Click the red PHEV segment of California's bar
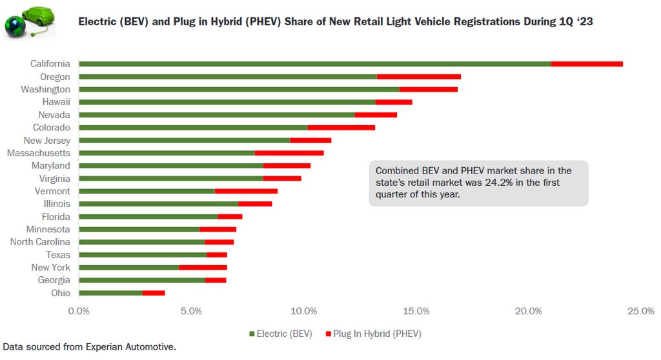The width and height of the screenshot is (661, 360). coord(587,64)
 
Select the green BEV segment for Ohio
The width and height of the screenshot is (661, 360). coord(110,293)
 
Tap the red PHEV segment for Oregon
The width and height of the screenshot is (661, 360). coord(418,77)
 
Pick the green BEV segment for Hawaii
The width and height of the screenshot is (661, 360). coord(227,102)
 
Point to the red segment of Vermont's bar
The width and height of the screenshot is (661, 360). coord(246,191)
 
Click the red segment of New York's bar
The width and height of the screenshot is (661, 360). coord(203,268)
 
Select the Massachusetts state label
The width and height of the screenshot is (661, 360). coord(39,153)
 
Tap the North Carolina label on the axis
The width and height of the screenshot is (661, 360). coord(40,242)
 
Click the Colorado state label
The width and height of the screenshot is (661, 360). coord(52,127)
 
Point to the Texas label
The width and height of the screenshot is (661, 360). coord(58,255)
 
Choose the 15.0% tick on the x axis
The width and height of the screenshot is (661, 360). coord(416,312)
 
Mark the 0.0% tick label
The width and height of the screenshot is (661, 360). coord(79,312)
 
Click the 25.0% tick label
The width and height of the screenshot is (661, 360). coord(641,312)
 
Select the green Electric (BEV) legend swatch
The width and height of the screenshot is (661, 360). coord(252,334)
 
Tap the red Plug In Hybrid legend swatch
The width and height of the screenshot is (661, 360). coord(328,334)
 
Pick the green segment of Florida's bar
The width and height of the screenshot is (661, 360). coord(148,217)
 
